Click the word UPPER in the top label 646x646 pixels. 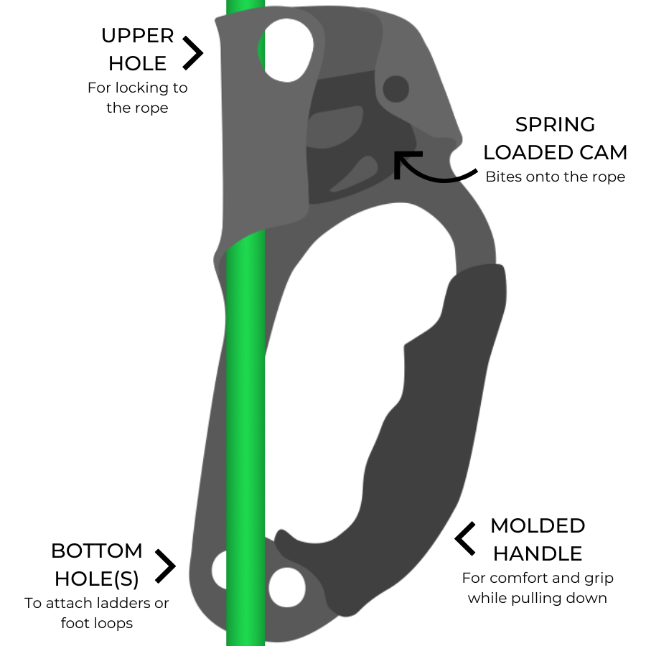click(137, 36)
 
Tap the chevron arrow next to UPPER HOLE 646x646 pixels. click(194, 52)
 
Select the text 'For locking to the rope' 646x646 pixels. click(137, 98)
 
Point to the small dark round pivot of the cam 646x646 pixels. click(396, 89)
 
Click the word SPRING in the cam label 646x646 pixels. click(555, 124)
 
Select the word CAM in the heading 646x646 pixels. click(603, 152)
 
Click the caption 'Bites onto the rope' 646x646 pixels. click(555, 177)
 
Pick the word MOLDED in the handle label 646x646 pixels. click(538, 525)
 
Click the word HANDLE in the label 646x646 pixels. click(538, 553)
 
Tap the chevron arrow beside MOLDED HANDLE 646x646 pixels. click(466, 538)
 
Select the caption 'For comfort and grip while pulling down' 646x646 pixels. click(538, 588)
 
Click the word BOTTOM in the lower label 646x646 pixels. click(97, 551)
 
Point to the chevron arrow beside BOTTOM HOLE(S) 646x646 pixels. click(166, 566)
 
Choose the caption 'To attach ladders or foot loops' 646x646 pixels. click(97, 613)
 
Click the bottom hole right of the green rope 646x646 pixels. click(287, 587)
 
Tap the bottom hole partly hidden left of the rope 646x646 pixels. click(219, 570)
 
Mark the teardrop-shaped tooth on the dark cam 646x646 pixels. click(355, 174)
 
